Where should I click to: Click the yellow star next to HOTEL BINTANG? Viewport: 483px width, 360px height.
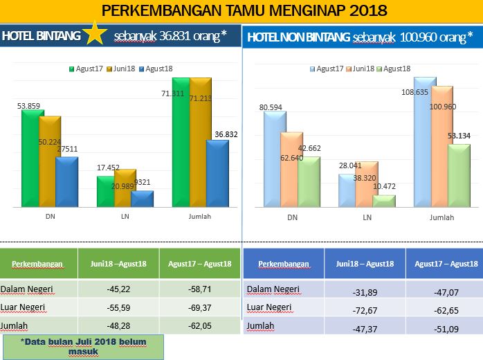click(x=93, y=35)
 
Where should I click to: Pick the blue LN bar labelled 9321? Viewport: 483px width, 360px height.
click(x=142, y=198)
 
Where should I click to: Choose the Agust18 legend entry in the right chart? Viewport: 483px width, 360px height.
click(x=395, y=69)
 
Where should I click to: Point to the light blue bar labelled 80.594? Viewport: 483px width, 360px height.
click(x=275, y=159)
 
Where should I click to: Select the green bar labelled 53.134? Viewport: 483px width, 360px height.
click(x=459, y=175)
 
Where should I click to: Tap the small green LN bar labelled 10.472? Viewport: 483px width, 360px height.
click(x=384, y=201)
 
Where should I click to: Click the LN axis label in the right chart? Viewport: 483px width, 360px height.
click(x=367, y=217)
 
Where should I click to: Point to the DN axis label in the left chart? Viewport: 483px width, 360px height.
click(x=50, y=217)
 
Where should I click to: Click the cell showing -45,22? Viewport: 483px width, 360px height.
click(x=119, y=289)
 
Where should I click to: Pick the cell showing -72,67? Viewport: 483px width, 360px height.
click(x=365, y=309)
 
